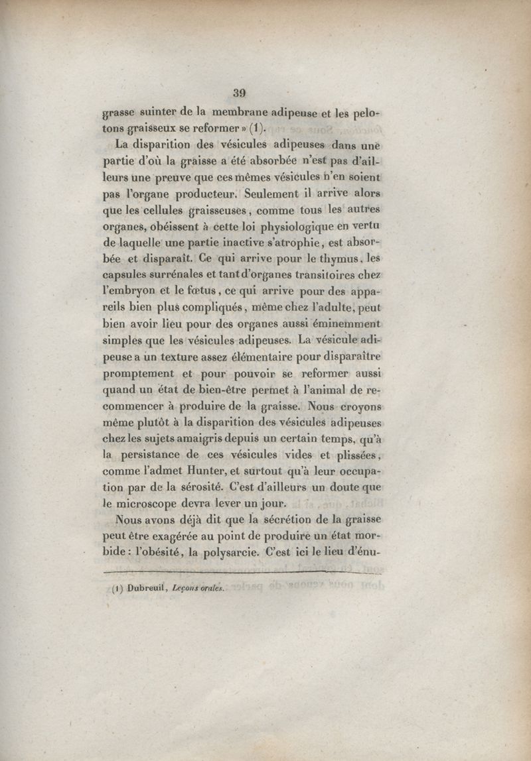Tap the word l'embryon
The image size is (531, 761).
(129, 292)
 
